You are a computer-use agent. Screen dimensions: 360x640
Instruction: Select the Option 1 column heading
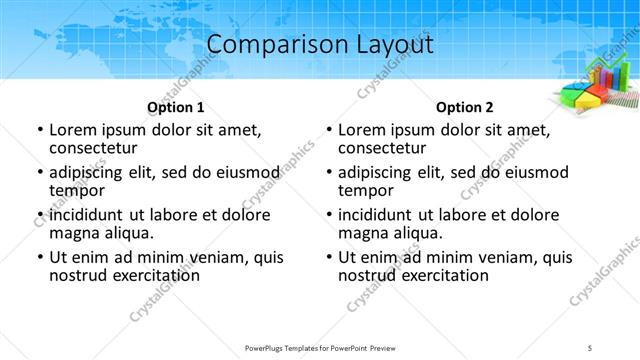tap(176, 107)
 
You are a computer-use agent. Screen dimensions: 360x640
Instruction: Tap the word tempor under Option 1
tap(78, 190)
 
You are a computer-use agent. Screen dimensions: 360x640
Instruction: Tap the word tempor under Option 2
tap(367, 190)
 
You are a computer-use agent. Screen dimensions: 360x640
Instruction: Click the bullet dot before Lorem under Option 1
tap(40, 130)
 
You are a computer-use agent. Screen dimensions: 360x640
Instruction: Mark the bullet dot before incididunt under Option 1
tap(40, 216)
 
